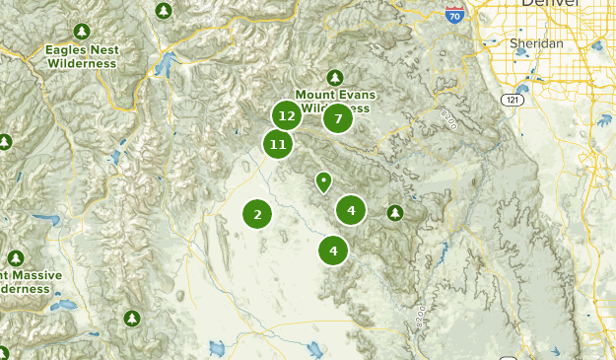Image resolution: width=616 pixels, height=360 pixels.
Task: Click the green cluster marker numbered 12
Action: tap(287, 116)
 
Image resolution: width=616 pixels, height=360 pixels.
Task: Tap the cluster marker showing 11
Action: tap(278, 145)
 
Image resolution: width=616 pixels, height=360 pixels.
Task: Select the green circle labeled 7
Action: tap(338, 119)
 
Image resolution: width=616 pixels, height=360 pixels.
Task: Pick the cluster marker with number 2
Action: tap(257, 213)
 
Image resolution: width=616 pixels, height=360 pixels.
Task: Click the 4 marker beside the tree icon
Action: tap(351, 210)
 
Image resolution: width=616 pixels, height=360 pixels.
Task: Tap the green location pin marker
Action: tap(323, 182)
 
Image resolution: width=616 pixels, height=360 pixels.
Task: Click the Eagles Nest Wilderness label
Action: tap(82, 56)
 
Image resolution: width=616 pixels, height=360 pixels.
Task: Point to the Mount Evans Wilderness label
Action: tap(336, 101)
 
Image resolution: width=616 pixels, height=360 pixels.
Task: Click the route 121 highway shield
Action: tap(513, 101)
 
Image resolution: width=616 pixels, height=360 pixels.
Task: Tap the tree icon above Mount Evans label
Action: tap(335, 77)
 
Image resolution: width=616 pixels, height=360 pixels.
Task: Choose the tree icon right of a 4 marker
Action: tap(395, 212)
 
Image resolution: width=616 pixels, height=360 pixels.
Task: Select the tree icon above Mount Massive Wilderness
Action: tap(16, 257)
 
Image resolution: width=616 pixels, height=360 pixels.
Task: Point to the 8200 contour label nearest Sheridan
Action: tap(449, 119)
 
